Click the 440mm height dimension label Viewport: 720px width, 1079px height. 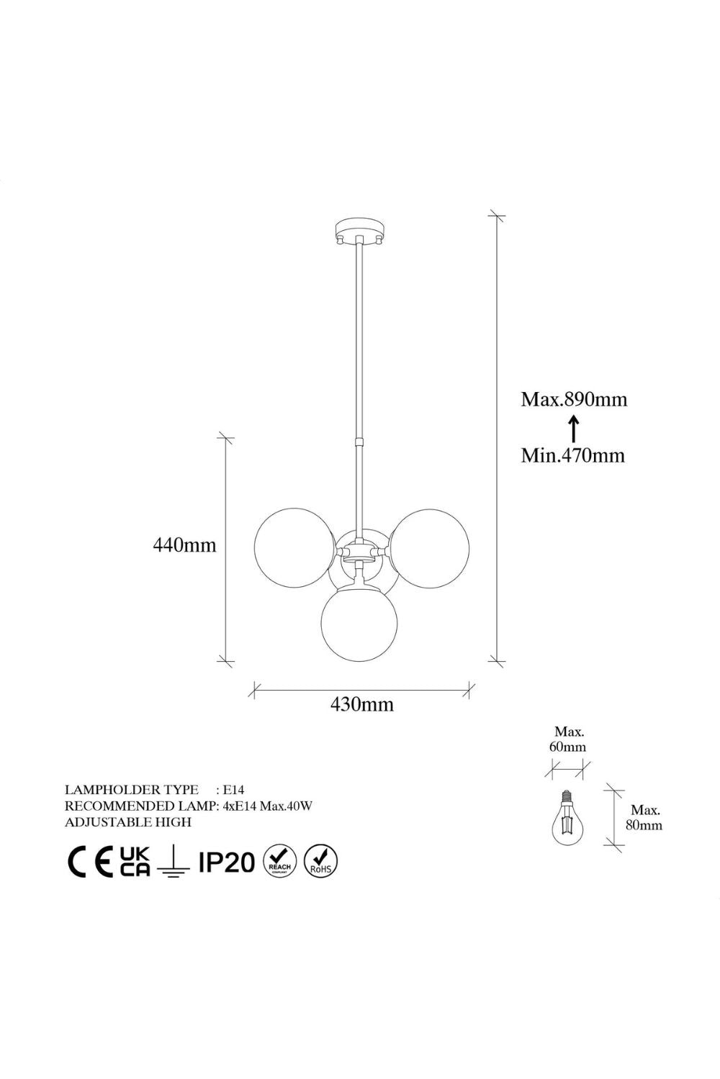coord(184,545)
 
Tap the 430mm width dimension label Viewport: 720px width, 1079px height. coord(361,705)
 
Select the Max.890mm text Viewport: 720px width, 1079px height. coord(574,400)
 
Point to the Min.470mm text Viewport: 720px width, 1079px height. coord(572,455)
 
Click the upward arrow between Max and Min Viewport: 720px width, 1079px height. coord(573,429)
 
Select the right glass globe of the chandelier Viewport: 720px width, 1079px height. coord(429,548)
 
